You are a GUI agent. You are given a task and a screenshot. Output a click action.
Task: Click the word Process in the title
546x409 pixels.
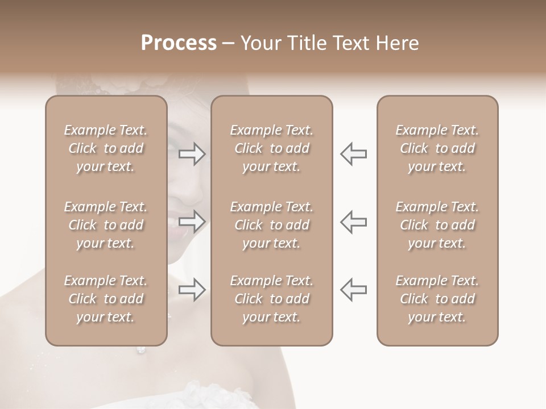(x=179, y=43)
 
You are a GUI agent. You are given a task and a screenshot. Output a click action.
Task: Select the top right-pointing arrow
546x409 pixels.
(x=192, y=154)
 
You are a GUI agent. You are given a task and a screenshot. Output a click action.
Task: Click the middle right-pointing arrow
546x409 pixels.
(x=192, y=222)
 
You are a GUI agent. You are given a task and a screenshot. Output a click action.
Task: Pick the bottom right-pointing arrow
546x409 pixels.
(x=192, y=290)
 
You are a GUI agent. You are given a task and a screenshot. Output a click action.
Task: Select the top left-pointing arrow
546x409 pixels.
(x=354, y=154)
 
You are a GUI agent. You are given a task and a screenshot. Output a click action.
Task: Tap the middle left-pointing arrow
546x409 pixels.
(x=354, y=222)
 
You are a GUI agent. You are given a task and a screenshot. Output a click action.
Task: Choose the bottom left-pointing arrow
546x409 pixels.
(x=354, y=290)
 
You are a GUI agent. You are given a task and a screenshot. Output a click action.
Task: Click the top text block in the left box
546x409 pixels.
(x=106, y=148)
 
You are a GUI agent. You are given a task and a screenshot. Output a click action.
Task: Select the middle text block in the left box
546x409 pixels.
(x=106, y=225)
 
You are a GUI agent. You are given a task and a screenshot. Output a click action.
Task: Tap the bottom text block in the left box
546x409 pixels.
(x=106, y=299)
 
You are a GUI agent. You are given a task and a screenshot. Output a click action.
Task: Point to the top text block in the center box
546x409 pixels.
(x=272, y=148)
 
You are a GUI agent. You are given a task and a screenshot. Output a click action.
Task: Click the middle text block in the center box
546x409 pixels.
(x=272, y=225)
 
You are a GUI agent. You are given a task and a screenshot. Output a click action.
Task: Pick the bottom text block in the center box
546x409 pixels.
(x=272, y=299)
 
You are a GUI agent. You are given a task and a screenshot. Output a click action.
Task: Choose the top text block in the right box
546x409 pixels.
(x=437, y=148)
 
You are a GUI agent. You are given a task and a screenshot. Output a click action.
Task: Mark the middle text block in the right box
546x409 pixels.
(x=437, y=225)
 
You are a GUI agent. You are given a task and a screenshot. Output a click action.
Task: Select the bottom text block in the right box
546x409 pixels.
(x=437, y=299)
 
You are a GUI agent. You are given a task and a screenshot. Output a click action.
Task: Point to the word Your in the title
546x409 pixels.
(x=259, y=43)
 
